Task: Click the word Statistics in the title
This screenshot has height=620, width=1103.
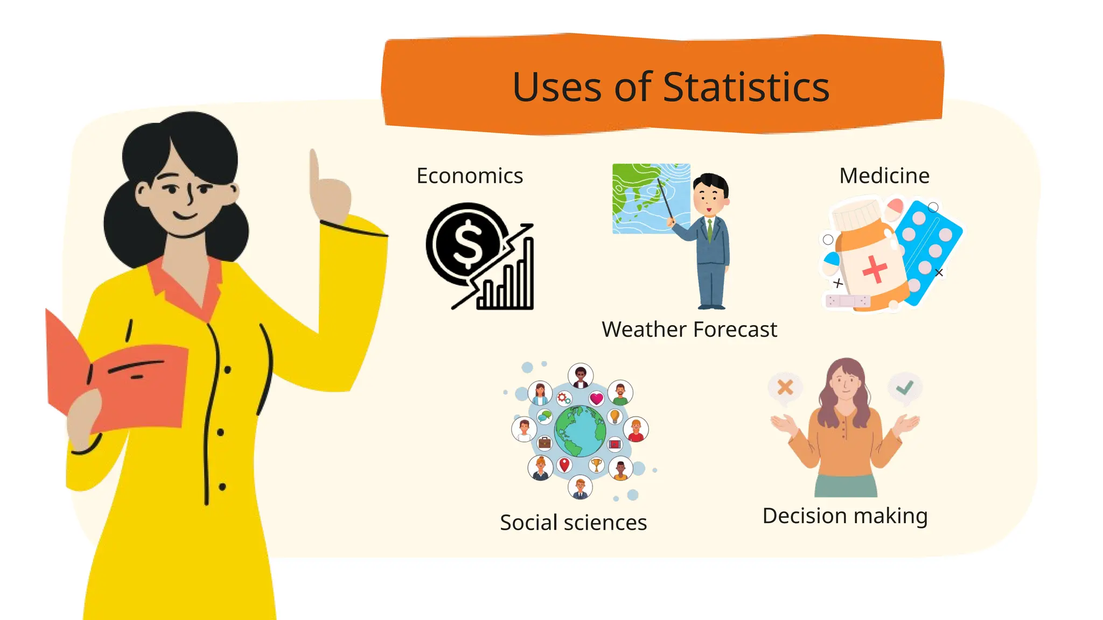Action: [746, 87]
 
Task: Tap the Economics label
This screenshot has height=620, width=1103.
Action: [470, 176]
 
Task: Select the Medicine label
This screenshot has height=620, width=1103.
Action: [884, 176]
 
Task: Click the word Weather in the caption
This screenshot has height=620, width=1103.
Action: [644, 329]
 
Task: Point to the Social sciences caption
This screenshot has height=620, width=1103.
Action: [573, 523]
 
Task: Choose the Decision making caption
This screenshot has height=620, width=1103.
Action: [845, 516]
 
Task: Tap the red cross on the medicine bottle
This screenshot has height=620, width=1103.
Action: [875, 269]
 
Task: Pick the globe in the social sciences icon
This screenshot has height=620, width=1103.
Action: [580, 431]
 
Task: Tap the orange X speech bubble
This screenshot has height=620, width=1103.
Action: [785, 387]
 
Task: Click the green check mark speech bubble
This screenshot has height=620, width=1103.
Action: [905, 387]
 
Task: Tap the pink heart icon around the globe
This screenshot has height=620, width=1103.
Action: [596, 399]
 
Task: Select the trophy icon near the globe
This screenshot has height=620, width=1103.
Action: [596, 464]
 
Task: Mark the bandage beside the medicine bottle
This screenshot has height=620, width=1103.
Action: [848, 301]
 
